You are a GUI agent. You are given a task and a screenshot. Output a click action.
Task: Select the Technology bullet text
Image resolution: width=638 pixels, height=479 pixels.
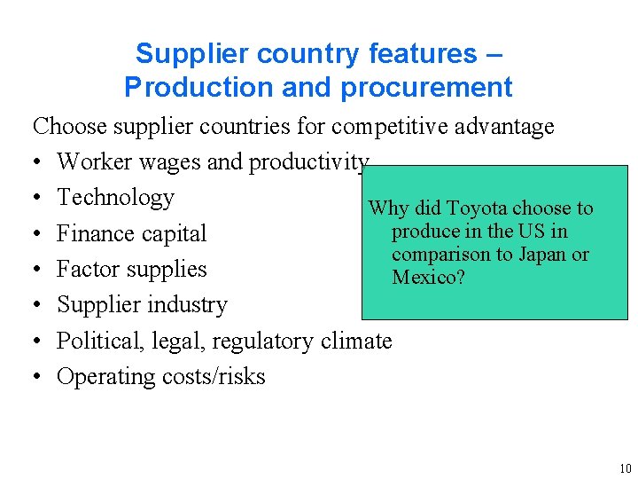(115, 198)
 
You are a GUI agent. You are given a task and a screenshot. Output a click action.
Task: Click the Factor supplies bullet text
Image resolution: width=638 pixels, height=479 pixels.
(131, 269)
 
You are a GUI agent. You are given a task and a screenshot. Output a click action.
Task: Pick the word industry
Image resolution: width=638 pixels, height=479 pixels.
(187, 304)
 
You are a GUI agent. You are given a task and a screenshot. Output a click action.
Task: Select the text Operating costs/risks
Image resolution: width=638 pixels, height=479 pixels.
(160, 376)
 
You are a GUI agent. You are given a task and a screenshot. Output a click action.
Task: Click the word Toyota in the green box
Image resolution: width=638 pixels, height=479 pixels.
(478, 209)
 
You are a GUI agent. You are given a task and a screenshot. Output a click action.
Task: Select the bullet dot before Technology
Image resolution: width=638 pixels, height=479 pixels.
(38, 199)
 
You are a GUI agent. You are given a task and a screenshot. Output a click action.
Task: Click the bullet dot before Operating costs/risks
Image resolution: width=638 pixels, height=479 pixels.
(38, 377)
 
